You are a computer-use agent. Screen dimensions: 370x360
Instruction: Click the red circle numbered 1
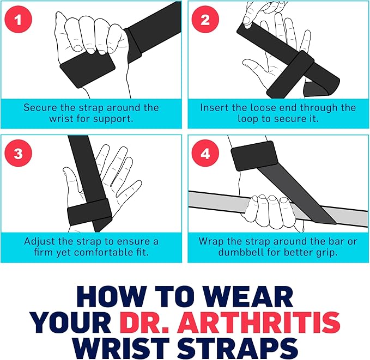(18, 20)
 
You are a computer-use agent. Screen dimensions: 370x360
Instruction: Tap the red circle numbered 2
(205, 20)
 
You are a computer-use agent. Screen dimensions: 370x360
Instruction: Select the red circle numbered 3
(18, 154)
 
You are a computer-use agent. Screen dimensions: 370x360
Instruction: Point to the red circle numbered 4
(205, 154)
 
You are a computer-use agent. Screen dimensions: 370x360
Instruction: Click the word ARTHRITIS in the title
(259, 322)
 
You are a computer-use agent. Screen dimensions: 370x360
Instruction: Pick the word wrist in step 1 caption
(62, 118)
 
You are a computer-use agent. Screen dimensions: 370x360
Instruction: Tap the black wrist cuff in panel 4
(254, 156)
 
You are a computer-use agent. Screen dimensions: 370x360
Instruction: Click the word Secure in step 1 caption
(40, 108)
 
